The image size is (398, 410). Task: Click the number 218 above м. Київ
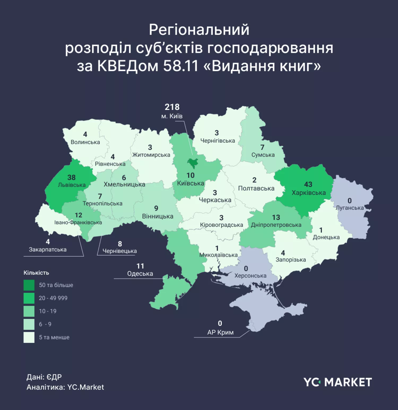pyautogui.click(x=172, y=107)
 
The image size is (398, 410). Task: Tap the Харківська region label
pyautogui.click(x=309, y=193)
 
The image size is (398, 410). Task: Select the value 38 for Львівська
pyautogui.click(x=71, y=177)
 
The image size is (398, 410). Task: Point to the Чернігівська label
pyautogui.click(x=218, y=141)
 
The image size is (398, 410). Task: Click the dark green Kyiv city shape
pyautogui.click(x=192, y=163)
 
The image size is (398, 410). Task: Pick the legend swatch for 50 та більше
pyautogui.click(x=29, y=285)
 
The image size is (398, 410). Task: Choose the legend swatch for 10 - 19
pyautogui.click(x=29, y=311)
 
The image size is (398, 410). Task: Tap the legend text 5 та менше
pyautogui.click(x=54, y=337)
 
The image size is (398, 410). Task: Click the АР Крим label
pyautogui.click(x=220, y=332)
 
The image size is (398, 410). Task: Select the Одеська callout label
pyautogui.click(x=140, y=274)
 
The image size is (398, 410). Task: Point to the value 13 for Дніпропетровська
pyautogui.click(x=276, y=217)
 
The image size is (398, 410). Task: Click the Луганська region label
pyautogui.click(x=350, y=208)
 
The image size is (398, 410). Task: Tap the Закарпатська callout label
pyautogui.click(x=48, y=250)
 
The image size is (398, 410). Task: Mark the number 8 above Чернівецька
pyautogui.click(x=120, y=244)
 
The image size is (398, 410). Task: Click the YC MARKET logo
pyautogui.click(x=338, y=382)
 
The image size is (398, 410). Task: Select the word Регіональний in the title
pyautogui.click(x=199, y=30)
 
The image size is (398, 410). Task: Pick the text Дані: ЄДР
pyautogui.click(x=44, y=377)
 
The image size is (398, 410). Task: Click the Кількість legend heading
pyautogui.click(x=36, y=273)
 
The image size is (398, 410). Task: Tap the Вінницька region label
pyautogui.click(x=158, y=216)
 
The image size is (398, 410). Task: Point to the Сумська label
pyautogui.click(x=263, y=155)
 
